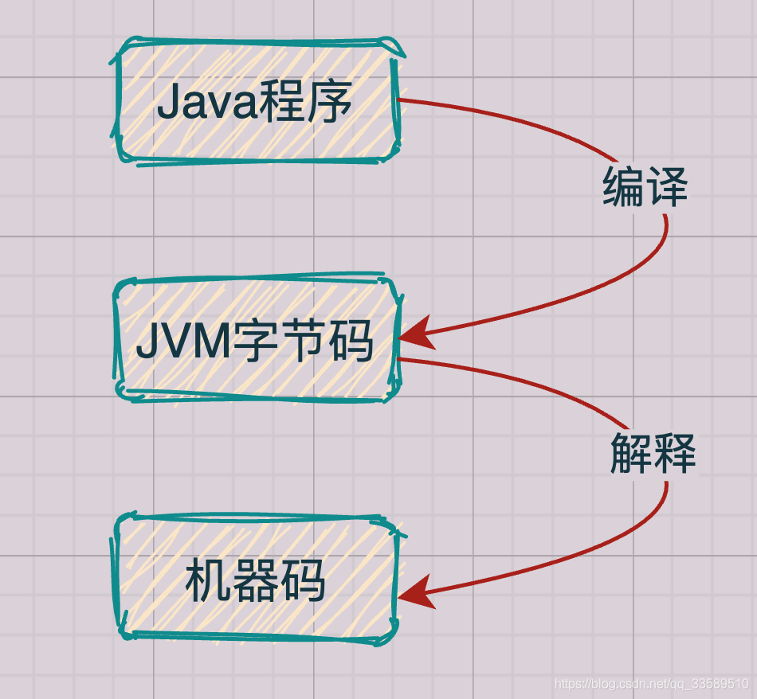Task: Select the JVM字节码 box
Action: click(255, 341)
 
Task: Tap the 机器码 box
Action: click(255, 580)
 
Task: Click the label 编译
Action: click(645, 188)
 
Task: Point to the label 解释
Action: click(653, 454)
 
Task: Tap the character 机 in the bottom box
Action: click(208, 580)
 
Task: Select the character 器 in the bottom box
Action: click(255, 580)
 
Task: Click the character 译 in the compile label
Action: click(666, 188)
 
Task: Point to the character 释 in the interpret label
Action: click(675, 454)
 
